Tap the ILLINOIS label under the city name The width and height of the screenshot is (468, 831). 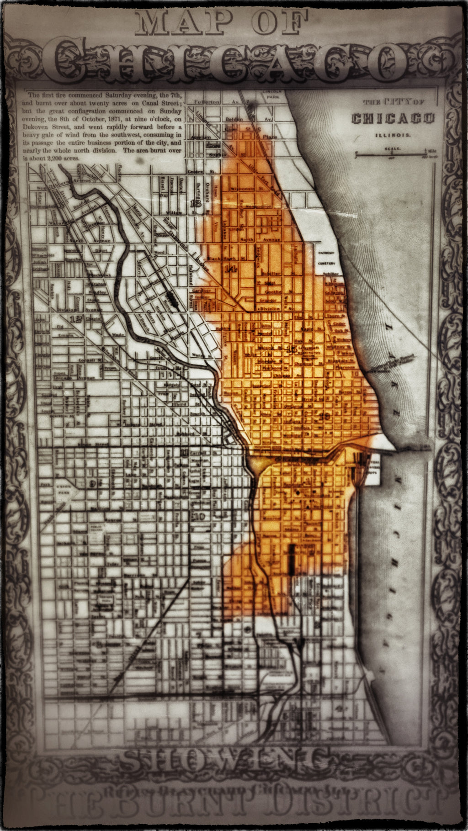pos(393,135)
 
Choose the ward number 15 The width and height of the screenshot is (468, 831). pos(291,350)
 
